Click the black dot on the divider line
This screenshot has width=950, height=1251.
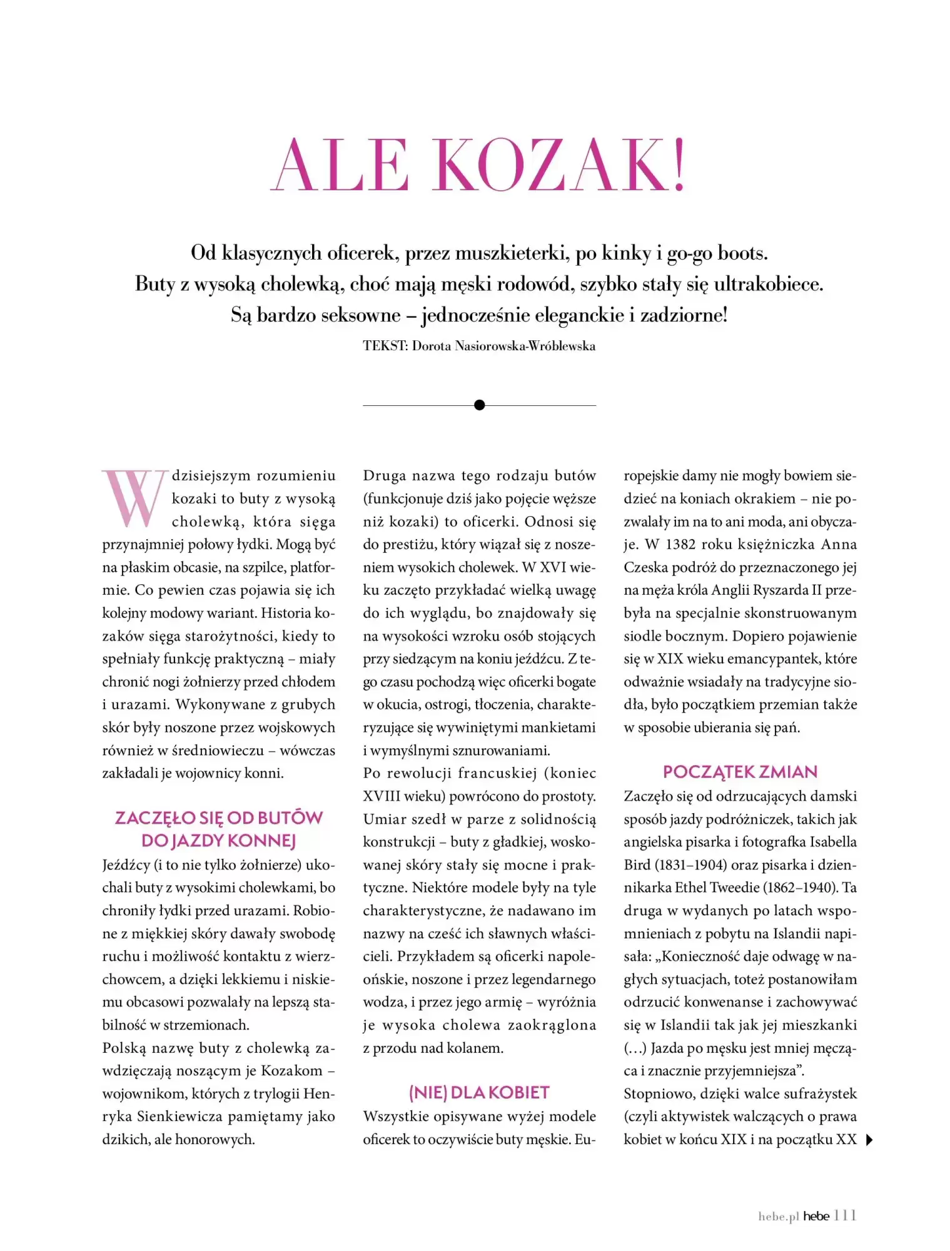480,405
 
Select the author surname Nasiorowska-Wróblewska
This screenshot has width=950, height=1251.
525,346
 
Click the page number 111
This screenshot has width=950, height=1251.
845,1215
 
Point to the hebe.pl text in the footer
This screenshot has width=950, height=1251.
779,1217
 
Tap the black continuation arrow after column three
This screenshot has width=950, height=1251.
869,1140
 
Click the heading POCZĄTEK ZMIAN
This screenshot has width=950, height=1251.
740,772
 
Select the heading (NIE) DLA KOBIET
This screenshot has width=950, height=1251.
479,1093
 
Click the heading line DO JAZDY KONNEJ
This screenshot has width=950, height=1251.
218,841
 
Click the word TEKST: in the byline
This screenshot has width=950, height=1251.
385,346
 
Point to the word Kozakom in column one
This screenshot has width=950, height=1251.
291,1071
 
